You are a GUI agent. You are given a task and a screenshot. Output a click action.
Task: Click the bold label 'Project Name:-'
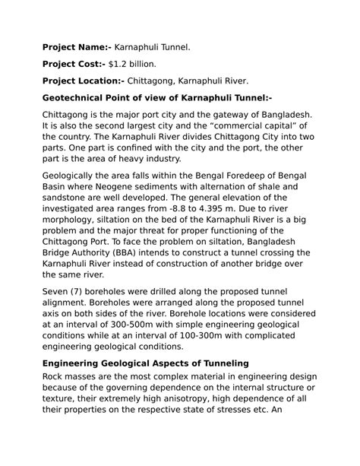75,47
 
